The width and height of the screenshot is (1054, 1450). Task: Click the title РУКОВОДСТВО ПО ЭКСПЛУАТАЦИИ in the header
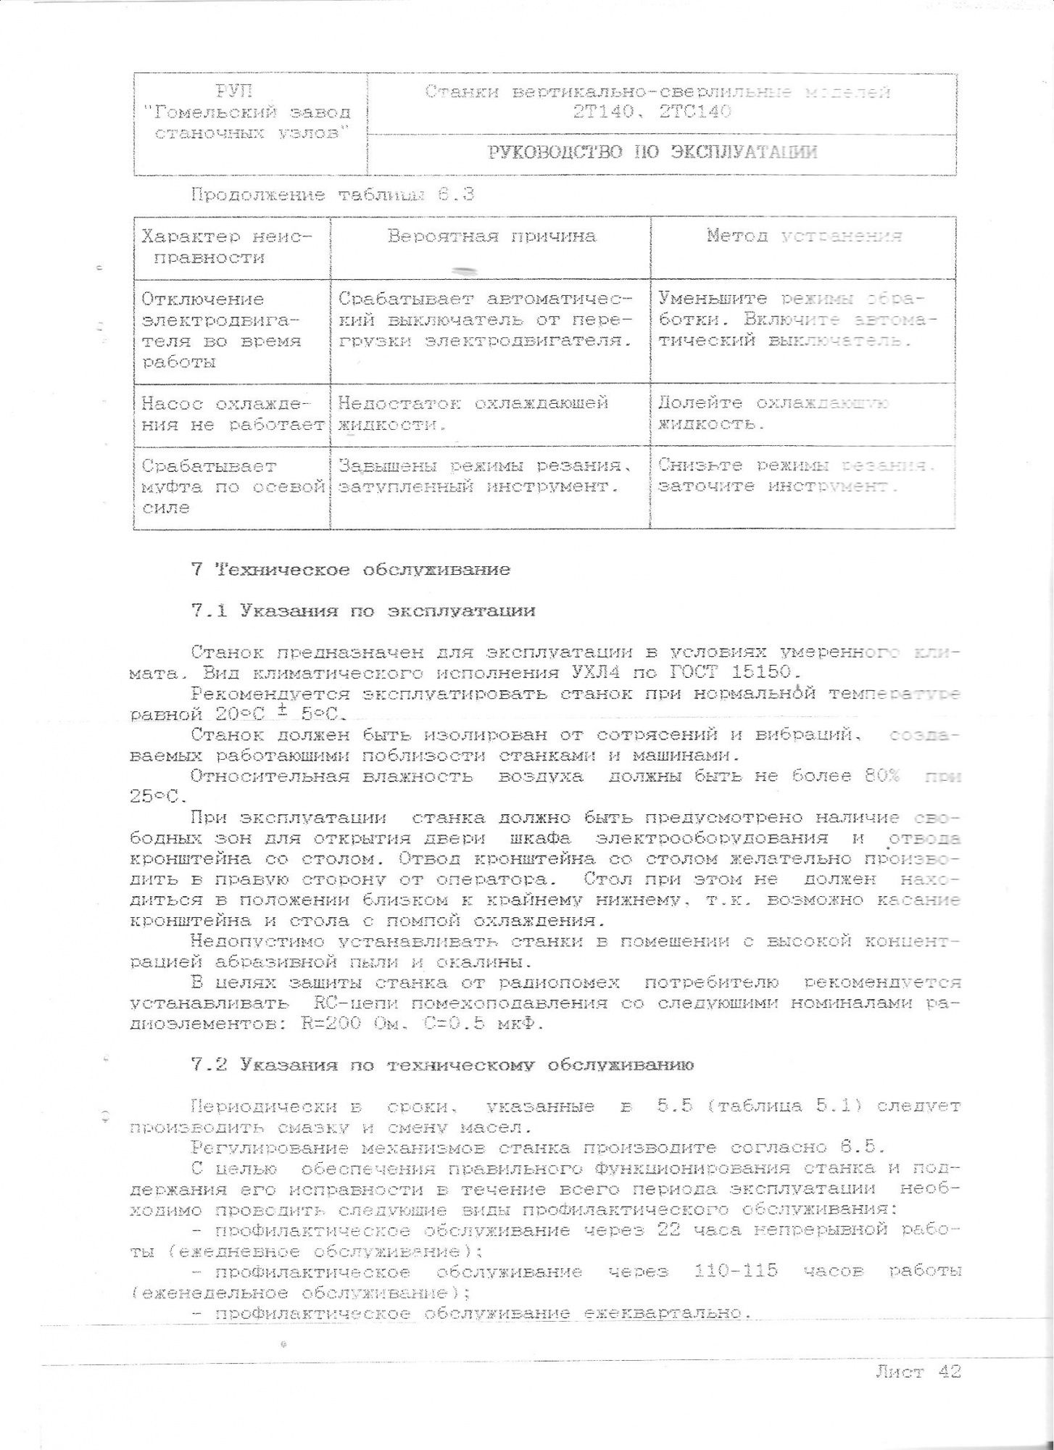[652, 152]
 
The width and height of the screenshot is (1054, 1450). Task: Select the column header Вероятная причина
[491, 236]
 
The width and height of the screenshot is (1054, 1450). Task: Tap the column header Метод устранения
[804, 236]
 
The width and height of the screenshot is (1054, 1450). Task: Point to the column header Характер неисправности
[226, 247]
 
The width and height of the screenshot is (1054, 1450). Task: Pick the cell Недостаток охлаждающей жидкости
[473, 413]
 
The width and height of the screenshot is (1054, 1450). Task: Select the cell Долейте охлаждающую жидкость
[772, 413]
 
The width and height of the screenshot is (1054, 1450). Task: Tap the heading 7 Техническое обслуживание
[351, 570]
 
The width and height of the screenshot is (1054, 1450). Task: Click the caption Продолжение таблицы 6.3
[333, 195]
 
